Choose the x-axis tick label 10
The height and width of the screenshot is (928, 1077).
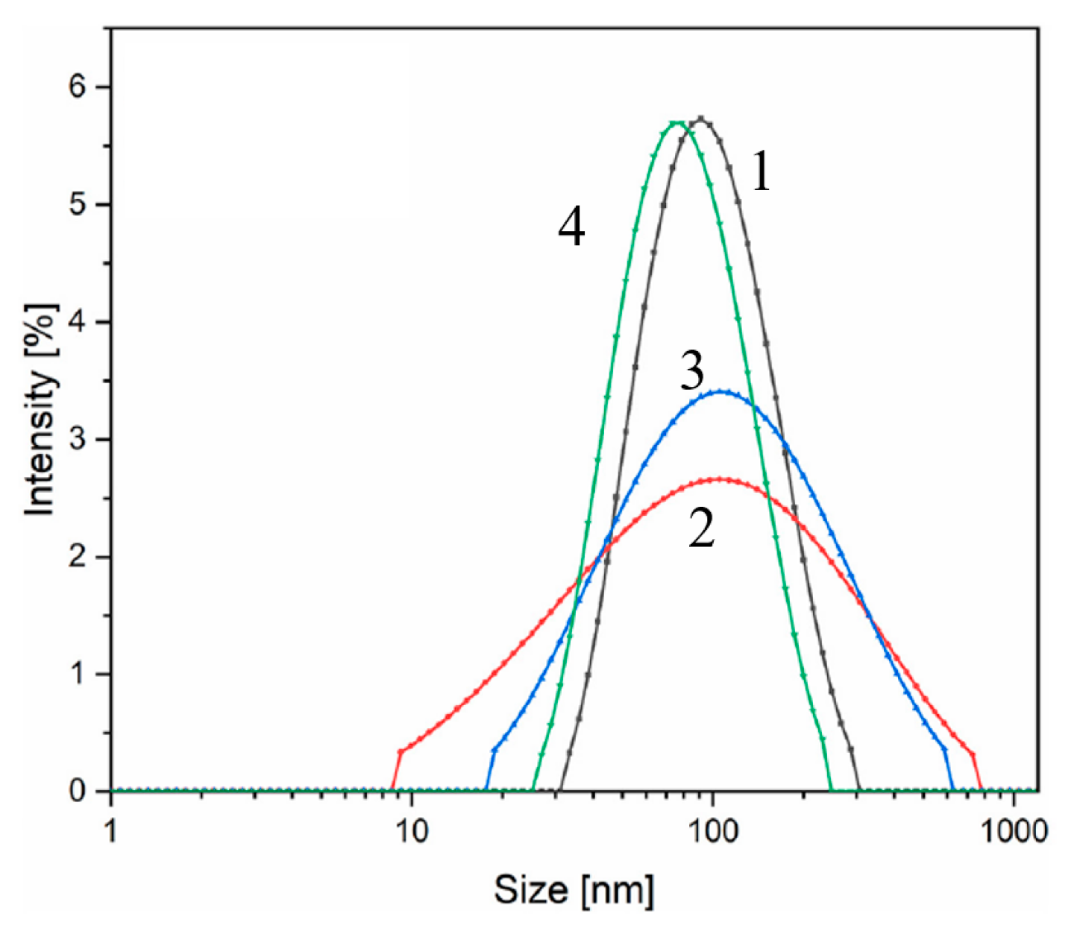point(412,831)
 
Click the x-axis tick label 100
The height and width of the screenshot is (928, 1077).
point(713,831)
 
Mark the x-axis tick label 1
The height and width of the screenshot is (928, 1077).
point(111,831)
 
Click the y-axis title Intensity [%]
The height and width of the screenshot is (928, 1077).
point(41,409)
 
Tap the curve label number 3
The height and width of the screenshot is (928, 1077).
point(692,372)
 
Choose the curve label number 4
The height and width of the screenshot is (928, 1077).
point(571,227)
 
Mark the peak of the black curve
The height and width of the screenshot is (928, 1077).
point(701,118)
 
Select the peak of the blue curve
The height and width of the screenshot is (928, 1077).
point(721,391)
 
